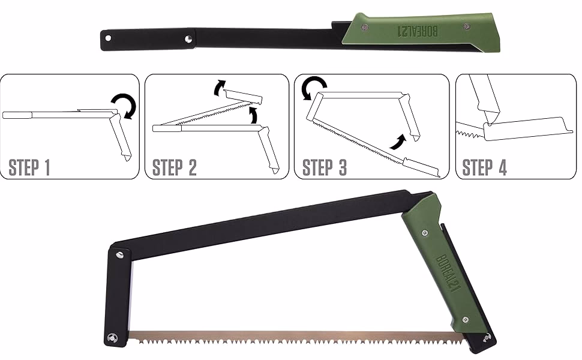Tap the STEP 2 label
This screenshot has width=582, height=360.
pyautogui.click(x=175, y=167)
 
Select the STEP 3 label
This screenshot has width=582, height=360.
pyautogui.click(x=325, y=167)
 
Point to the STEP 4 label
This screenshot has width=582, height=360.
pyautogui.click(x=485, y=167)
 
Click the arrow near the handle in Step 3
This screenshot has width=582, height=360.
pyautogui.click(x=397, y=143)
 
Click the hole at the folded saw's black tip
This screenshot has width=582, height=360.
pyautogui.click(x=109, y=38)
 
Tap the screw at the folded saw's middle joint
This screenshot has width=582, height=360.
pyautogui.click(x=188, y=38)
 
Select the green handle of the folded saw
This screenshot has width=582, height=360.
pyautogui.click(x=420, y=31)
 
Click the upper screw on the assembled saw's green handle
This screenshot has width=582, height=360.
pyautogui.click(x=425, y=230)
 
